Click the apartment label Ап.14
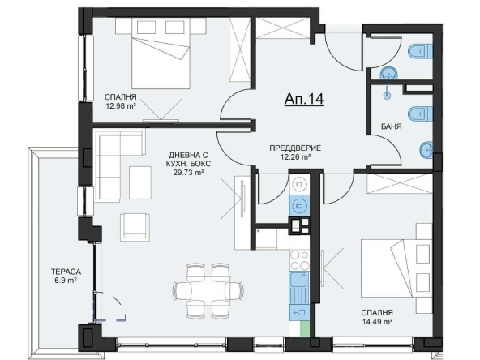coord(304,99)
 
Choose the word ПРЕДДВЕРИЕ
coord(296,148)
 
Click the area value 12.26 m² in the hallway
coord(296,157)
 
